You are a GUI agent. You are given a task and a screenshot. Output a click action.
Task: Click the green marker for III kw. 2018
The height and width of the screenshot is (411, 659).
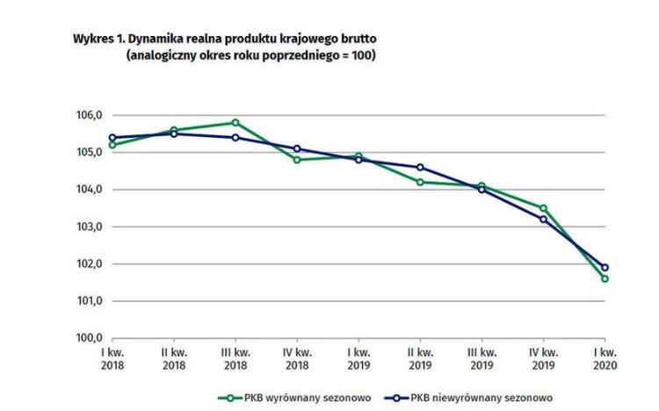(235, 123)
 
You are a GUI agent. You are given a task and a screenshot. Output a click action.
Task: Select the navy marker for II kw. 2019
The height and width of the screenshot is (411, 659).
(420, 167)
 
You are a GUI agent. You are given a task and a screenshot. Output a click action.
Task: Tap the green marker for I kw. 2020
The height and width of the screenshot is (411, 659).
(605, 278)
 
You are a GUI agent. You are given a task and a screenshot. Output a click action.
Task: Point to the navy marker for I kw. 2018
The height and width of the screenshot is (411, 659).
(112, 138)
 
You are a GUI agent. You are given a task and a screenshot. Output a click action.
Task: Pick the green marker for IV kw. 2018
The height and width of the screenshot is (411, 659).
(297, 160)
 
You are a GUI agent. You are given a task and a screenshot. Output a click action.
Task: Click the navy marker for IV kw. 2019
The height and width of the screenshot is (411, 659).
(543, 219)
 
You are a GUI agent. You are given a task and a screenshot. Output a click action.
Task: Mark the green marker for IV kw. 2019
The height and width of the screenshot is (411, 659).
(543, 208)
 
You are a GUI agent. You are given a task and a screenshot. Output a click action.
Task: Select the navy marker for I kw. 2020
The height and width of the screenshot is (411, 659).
(605, 268)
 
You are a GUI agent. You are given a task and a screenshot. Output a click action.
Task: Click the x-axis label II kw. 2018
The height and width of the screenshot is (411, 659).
(174, 357)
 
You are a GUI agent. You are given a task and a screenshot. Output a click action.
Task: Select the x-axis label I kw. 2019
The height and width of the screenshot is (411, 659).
(358, 357)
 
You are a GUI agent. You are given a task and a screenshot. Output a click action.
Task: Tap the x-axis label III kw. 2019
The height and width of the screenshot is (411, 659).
(482, 357)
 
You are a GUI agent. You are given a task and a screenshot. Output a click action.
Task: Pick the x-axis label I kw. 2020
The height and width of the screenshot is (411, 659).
(605, 357)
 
